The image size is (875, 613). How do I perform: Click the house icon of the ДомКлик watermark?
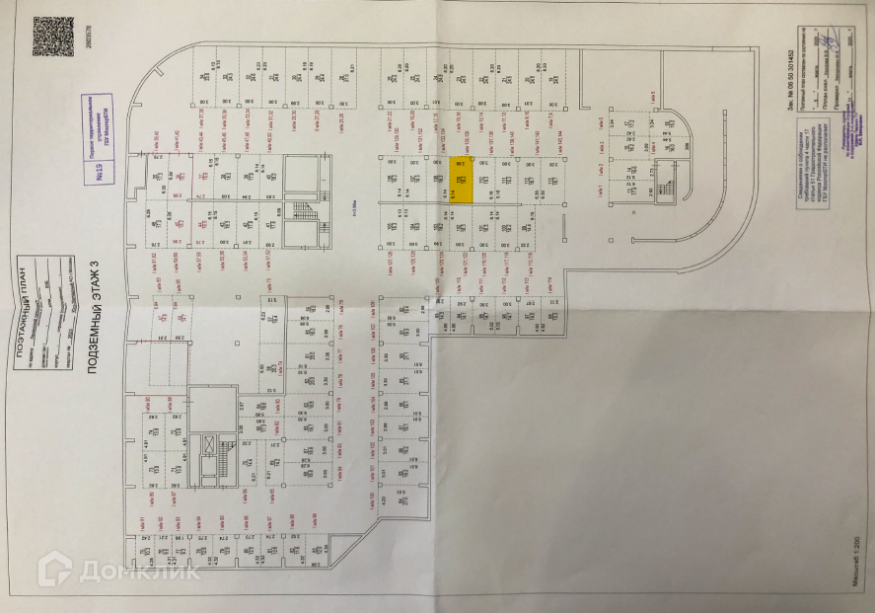click(54, 571)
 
